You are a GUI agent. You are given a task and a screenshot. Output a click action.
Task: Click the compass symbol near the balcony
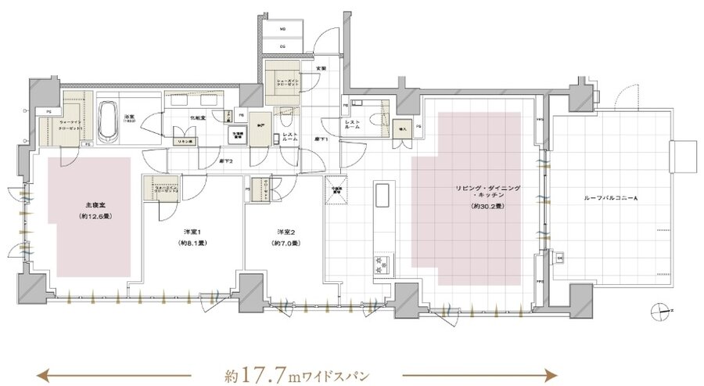point(662,312)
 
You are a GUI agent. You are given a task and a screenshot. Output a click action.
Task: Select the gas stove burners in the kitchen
point(383,262)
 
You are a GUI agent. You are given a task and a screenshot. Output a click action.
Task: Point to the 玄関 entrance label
point(320,69)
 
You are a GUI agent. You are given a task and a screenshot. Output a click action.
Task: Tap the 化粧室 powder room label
point(198,117)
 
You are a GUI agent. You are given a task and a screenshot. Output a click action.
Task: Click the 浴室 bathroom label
point(130,117)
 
